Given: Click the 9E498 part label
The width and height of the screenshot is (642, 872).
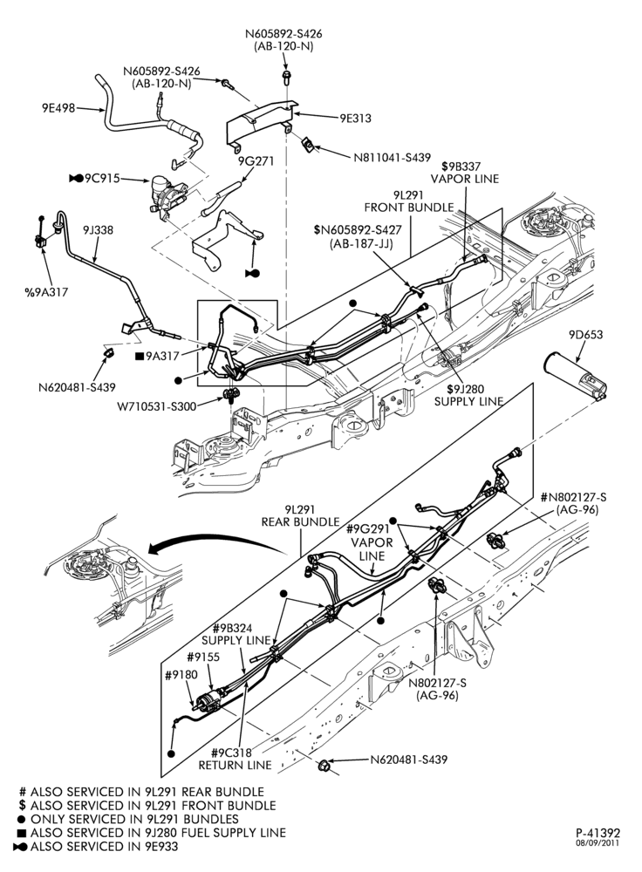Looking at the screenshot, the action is point(58,108).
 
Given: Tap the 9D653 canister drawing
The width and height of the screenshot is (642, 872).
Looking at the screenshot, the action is point(576,375).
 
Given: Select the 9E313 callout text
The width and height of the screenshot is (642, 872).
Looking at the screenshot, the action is point(356,118).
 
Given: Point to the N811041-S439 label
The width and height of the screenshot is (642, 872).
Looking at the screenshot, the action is point(392,157).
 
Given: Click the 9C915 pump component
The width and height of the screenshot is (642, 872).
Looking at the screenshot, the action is point(166,194).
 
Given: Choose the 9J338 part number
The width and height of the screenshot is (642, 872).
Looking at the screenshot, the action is point(98,229).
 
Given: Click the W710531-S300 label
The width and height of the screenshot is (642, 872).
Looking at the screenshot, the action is point(157,406).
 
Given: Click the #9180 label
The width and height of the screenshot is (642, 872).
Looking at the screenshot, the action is point(181,675).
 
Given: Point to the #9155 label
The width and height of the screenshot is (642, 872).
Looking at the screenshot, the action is point(203,657).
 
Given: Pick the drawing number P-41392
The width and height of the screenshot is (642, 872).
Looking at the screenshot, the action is point(598,833).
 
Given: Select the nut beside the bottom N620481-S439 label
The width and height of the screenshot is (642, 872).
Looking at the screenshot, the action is point(324,766).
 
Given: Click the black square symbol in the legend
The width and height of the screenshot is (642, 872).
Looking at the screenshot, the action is point(23,833).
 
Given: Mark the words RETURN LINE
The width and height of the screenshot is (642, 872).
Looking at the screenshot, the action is point(236,766).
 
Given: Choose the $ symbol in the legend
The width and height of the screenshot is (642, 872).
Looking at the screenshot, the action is point(23,805).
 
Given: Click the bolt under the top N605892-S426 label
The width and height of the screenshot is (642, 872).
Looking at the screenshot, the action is point(286,74).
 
